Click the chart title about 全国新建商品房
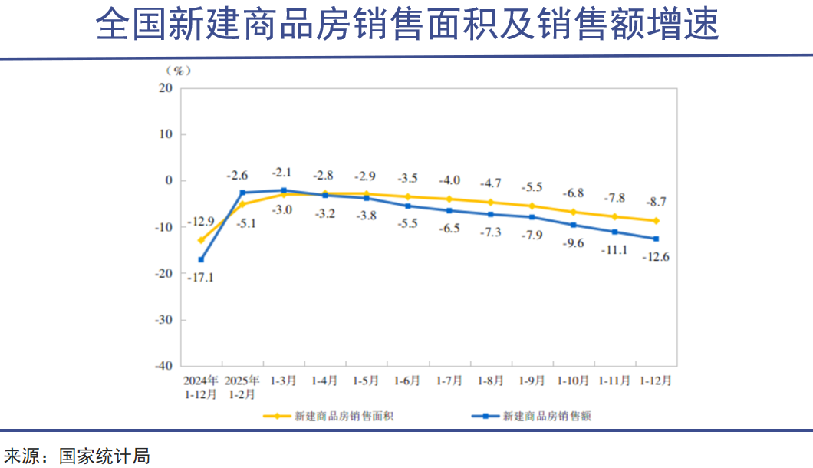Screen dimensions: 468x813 tap(406, 25)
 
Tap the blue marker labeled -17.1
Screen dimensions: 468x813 tap(201, 259)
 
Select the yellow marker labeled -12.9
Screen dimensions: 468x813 tap(201, 240)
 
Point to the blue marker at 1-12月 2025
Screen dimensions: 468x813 tap(656, 239)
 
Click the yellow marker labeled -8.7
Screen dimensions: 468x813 tap(656, 221)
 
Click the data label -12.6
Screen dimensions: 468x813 tap(656, 257)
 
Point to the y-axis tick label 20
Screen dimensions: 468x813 tap(165, 87)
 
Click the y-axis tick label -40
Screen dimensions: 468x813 tap(162, 366)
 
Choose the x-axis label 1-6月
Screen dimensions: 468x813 tap(406, 381)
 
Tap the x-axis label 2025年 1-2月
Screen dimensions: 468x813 tap(242, 387)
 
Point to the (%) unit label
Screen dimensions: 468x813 tap(178, 70)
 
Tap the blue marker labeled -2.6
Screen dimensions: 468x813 tap(242, 193)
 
